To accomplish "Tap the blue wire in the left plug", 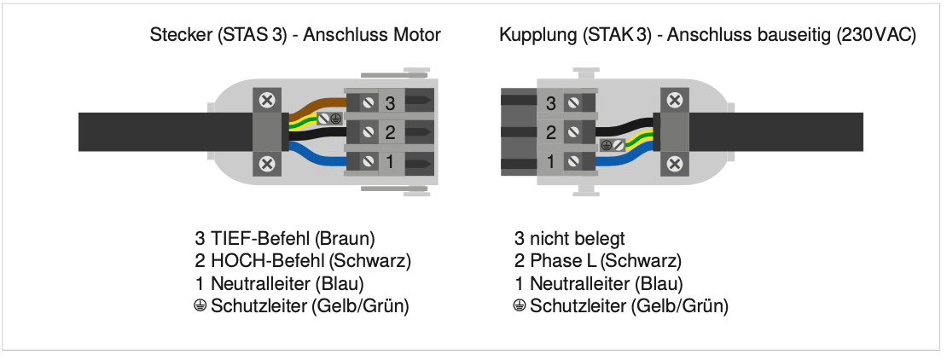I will [x=316, y=156].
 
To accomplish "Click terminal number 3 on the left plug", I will [x=390, y=103].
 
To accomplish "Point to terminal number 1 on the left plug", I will [x=390, y=160].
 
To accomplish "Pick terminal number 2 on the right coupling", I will [x=550, y=132].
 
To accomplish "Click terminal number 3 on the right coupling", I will [x=550, y=104].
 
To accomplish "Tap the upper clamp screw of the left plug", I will [x=266, y=101].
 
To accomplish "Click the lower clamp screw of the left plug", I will [x=266, y=163].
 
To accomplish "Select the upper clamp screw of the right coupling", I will [x=675, y=101].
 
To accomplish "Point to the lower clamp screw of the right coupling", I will [x=675, y=163].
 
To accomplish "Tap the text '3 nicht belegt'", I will [x=563, y=239].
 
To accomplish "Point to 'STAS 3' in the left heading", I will [x=243, y=36].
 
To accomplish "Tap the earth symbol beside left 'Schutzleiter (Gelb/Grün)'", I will [x=200, y=305].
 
